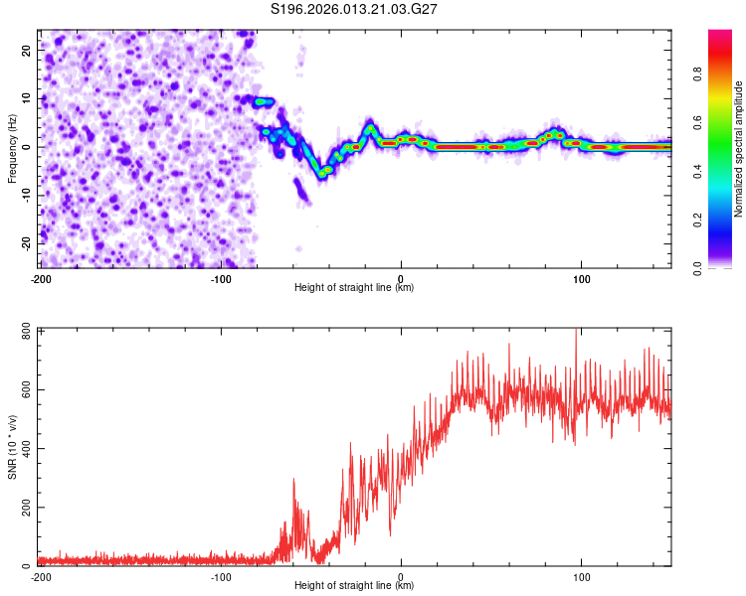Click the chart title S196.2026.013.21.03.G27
pos(355,10)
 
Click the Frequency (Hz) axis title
pos(13,149)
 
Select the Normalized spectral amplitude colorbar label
pos(739,149)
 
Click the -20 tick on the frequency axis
pos(25,243)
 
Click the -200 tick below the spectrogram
pos(40,278)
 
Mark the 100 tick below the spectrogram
pos(581,278)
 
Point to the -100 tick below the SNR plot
pos(220,576)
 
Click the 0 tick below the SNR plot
pos(401,576)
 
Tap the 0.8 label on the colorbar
pos(698,73)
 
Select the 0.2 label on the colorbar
pos(698,219)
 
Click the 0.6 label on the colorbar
pos(698,121)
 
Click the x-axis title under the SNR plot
pos(354,586)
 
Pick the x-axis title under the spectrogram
pos(354,288)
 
